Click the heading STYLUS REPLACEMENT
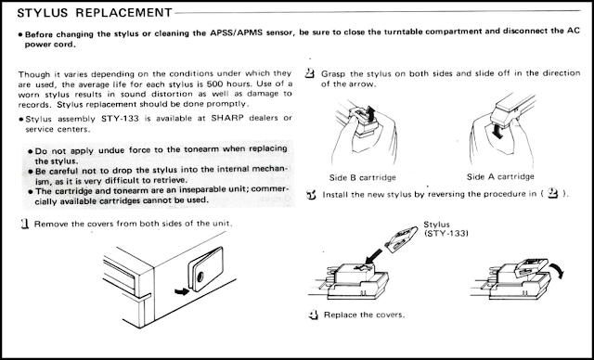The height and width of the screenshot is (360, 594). tap(95, 12)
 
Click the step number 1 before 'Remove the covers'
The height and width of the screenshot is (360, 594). tap(25, 224)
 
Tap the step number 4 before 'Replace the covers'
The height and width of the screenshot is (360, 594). tap(314, 315)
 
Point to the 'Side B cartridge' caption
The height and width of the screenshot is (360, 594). tap(363, 177)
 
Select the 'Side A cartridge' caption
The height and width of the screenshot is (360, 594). tap(500, 176)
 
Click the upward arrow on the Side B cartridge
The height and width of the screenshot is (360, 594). tap(369, 113)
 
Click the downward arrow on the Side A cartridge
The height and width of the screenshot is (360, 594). tap(498, 132)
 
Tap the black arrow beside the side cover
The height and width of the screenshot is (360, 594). tap(182, 291)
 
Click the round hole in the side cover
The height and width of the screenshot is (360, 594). tap(200, 276)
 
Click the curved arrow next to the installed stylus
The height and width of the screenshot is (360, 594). tap(558, 270)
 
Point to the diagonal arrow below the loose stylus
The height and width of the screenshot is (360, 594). tap(374, 256)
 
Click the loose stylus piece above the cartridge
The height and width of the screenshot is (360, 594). tap(401, 238)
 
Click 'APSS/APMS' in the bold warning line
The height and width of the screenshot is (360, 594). tap(237, 32)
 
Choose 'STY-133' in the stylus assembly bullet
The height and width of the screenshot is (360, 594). tap(120, 119)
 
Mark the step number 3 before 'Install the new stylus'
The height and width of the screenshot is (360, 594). tap(312, 195)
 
